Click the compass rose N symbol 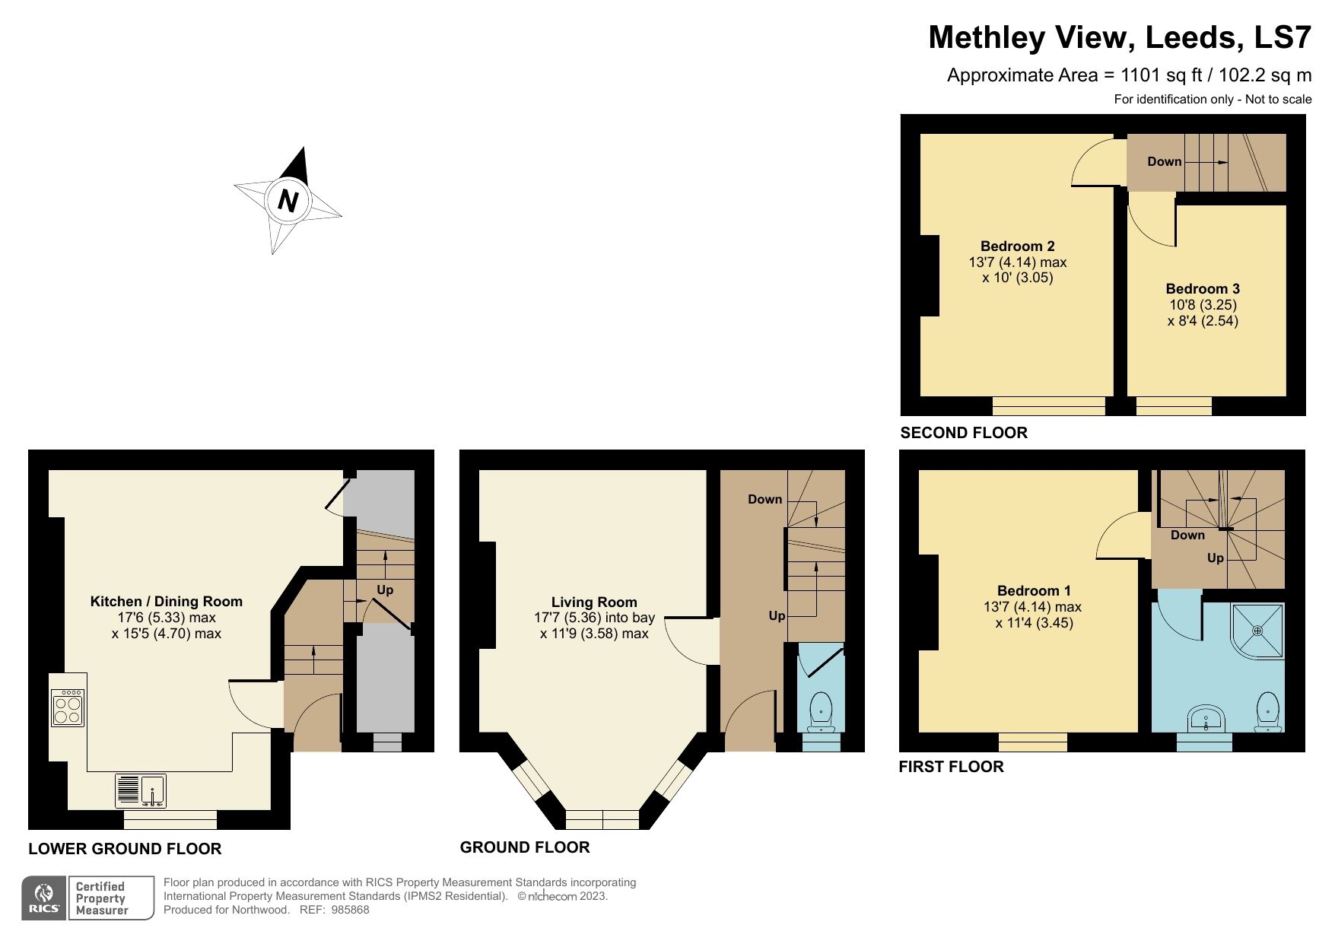[x=288, y=201]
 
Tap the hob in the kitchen [x=68, y=708]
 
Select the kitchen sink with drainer [x=141, y=791]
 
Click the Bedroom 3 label [x=1203, y=289]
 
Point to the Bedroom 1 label [x=1034, y=591]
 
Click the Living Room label [x=594, y=602]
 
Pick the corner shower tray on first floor [x=1257, y=631]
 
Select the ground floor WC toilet [x=821, y=710]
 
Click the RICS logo [x=44, y=898]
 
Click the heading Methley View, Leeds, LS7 [x=1119, y=37]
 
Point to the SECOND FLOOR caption [x=963, y=433]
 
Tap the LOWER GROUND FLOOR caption [x=125, y=849]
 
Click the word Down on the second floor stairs [x=1164, y=162]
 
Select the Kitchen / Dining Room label [x=166, y=602]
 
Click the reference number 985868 [x=350, y=910]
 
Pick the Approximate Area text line [x=1128, y=75]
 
